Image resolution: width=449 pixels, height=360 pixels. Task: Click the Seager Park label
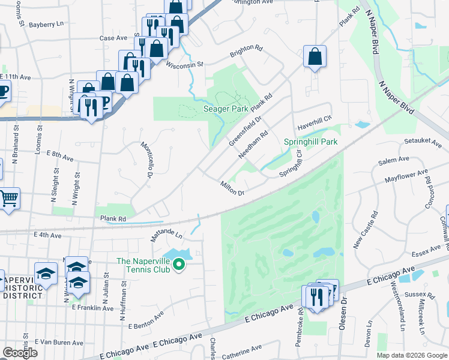(226, 109)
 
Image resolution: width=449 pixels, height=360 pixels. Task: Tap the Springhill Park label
(310, 142)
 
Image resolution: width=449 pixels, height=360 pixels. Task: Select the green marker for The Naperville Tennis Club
(179, 264)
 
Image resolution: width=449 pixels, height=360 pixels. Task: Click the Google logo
(20, 353)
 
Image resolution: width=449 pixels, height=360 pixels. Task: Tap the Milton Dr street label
(232, 188)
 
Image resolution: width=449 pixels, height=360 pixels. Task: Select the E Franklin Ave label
(92, 308)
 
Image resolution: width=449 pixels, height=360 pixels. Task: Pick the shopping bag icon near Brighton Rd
(315, 56)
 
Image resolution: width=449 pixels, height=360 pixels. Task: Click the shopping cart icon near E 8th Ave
(8, 198)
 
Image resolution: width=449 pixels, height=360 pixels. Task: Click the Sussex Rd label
(419, 295)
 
